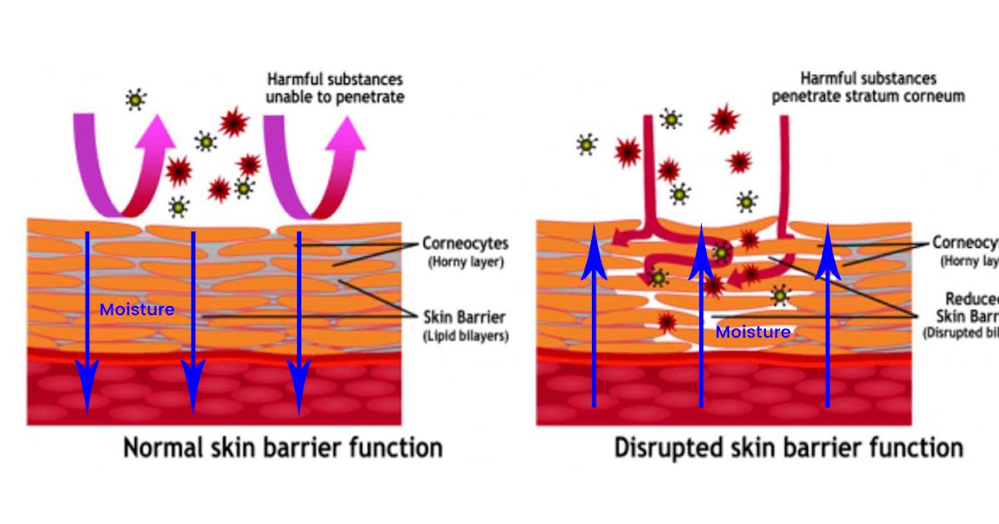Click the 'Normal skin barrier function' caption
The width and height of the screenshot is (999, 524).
click(x=282, y=448)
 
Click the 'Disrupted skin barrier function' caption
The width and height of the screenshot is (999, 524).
click(x=788, y=448)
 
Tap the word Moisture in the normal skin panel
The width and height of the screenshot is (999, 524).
click(x=137, y=310)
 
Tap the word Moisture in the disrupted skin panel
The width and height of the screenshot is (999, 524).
click(x=753, y=333)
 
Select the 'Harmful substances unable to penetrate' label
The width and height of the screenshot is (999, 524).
click(x=335, y=88)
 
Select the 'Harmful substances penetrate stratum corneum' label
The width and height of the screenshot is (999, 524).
click(x=868, y=87)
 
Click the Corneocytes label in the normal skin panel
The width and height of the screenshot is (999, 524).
click(x=465, y=245)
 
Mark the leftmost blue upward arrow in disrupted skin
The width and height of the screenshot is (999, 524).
click(x=594, y=316)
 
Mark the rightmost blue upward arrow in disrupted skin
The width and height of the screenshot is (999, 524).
click(x=828, y=316)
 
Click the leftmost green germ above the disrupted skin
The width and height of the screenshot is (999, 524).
click(x=587, y=145)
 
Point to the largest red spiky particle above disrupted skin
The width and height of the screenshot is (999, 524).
click(x=724, y=119)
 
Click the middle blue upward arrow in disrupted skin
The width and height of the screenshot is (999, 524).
click(x=701, y=316)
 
